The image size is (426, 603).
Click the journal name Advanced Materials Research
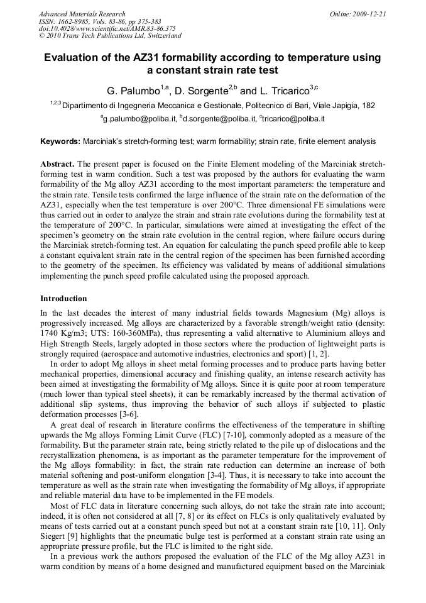[82, 14]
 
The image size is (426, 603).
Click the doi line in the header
[107, 28]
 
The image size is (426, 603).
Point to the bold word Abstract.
[57, 163]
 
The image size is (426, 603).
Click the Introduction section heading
[63, 299]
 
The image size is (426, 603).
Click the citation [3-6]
[126, 414]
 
